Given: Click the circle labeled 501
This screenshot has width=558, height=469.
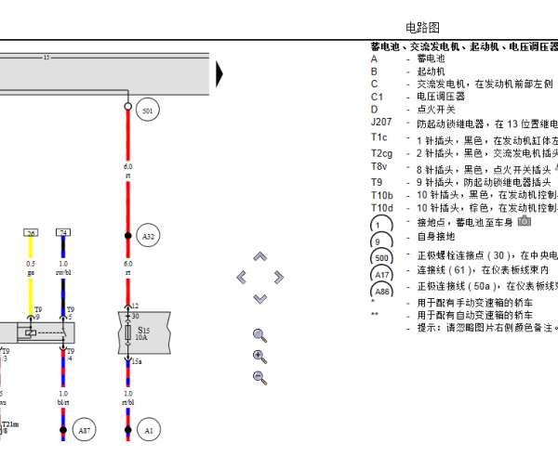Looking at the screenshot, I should click(147, 111).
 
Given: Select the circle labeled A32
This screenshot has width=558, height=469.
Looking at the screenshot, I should click(148, 237).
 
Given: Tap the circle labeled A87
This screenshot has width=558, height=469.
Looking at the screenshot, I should click(85, 431).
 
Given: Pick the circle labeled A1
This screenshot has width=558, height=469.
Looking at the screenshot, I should click(148, 431).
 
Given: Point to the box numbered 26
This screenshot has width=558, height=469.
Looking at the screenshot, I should click(31, 233).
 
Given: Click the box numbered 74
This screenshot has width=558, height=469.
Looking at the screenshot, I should click(63, 233).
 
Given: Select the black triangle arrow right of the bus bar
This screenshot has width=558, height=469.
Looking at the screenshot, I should click(219, 73).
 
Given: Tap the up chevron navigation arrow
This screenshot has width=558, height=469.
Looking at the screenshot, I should click(260, 256).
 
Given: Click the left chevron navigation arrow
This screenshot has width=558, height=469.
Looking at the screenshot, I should click(242, 277).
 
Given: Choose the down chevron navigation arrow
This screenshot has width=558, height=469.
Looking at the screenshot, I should click(260, 298).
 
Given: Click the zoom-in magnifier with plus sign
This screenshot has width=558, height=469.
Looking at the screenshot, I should click(259, 356).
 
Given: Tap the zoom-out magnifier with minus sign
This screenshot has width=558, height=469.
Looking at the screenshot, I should click(259, 376).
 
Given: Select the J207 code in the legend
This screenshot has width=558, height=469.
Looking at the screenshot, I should click(381, 123).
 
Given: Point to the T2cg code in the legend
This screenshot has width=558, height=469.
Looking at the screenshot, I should click(382, 153).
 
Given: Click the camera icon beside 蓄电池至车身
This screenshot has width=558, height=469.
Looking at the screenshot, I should click(525, 221).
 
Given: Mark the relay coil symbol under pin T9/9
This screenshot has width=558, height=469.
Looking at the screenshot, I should click(32, 332).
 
